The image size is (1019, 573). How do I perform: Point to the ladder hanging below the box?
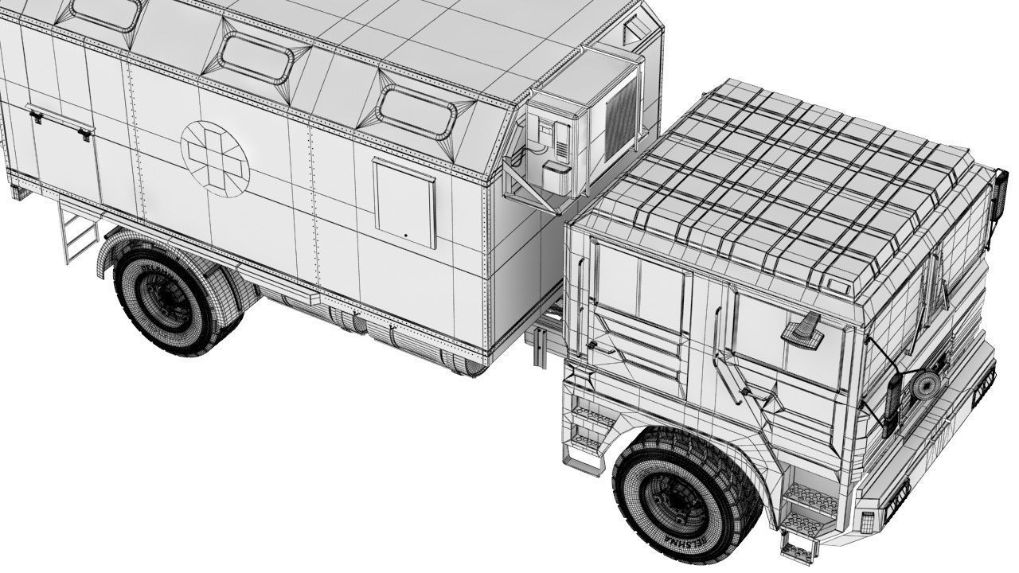coord(75,232)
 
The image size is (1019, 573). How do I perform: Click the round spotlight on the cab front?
coord(923,387)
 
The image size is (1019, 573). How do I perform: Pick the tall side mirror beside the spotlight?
coord(892,406)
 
